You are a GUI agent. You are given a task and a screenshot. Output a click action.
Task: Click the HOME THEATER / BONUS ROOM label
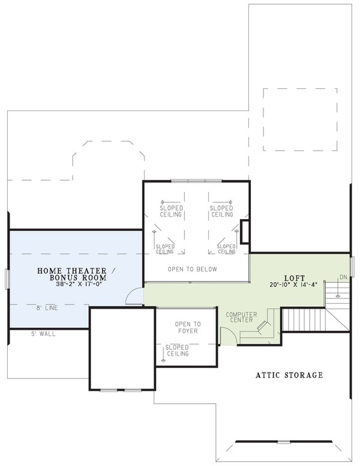pyautogui.click(x=72, y=274)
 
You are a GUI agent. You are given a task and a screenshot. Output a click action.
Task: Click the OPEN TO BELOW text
pyautogui.click(x=193, y=269)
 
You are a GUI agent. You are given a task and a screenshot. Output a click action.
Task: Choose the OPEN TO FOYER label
pyautogui.click(x=188, y=328)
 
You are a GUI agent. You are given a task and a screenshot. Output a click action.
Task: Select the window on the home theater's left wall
pyautogui.click(x=7, y=279)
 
